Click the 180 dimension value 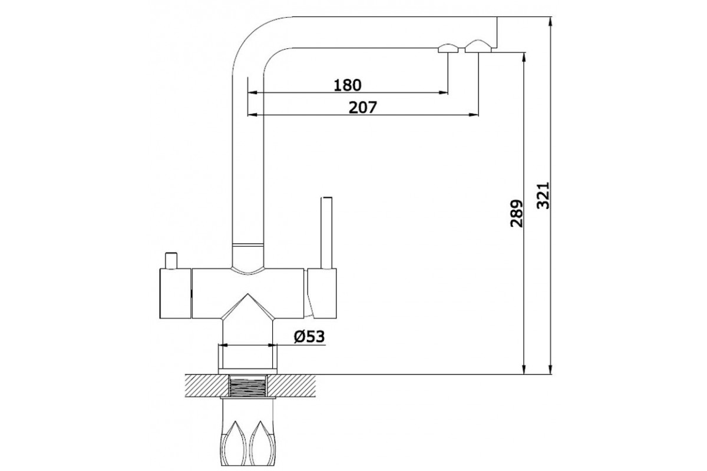(347, 85)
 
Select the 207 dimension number (363, 108)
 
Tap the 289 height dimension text (516, 213)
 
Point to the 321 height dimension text (543, 195)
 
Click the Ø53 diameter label (309, 337)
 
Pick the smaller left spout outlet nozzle (448, 49)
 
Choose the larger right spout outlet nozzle (478, 47)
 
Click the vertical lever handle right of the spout (326, 233)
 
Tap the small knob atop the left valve (171, 261)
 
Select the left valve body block (176, 293)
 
